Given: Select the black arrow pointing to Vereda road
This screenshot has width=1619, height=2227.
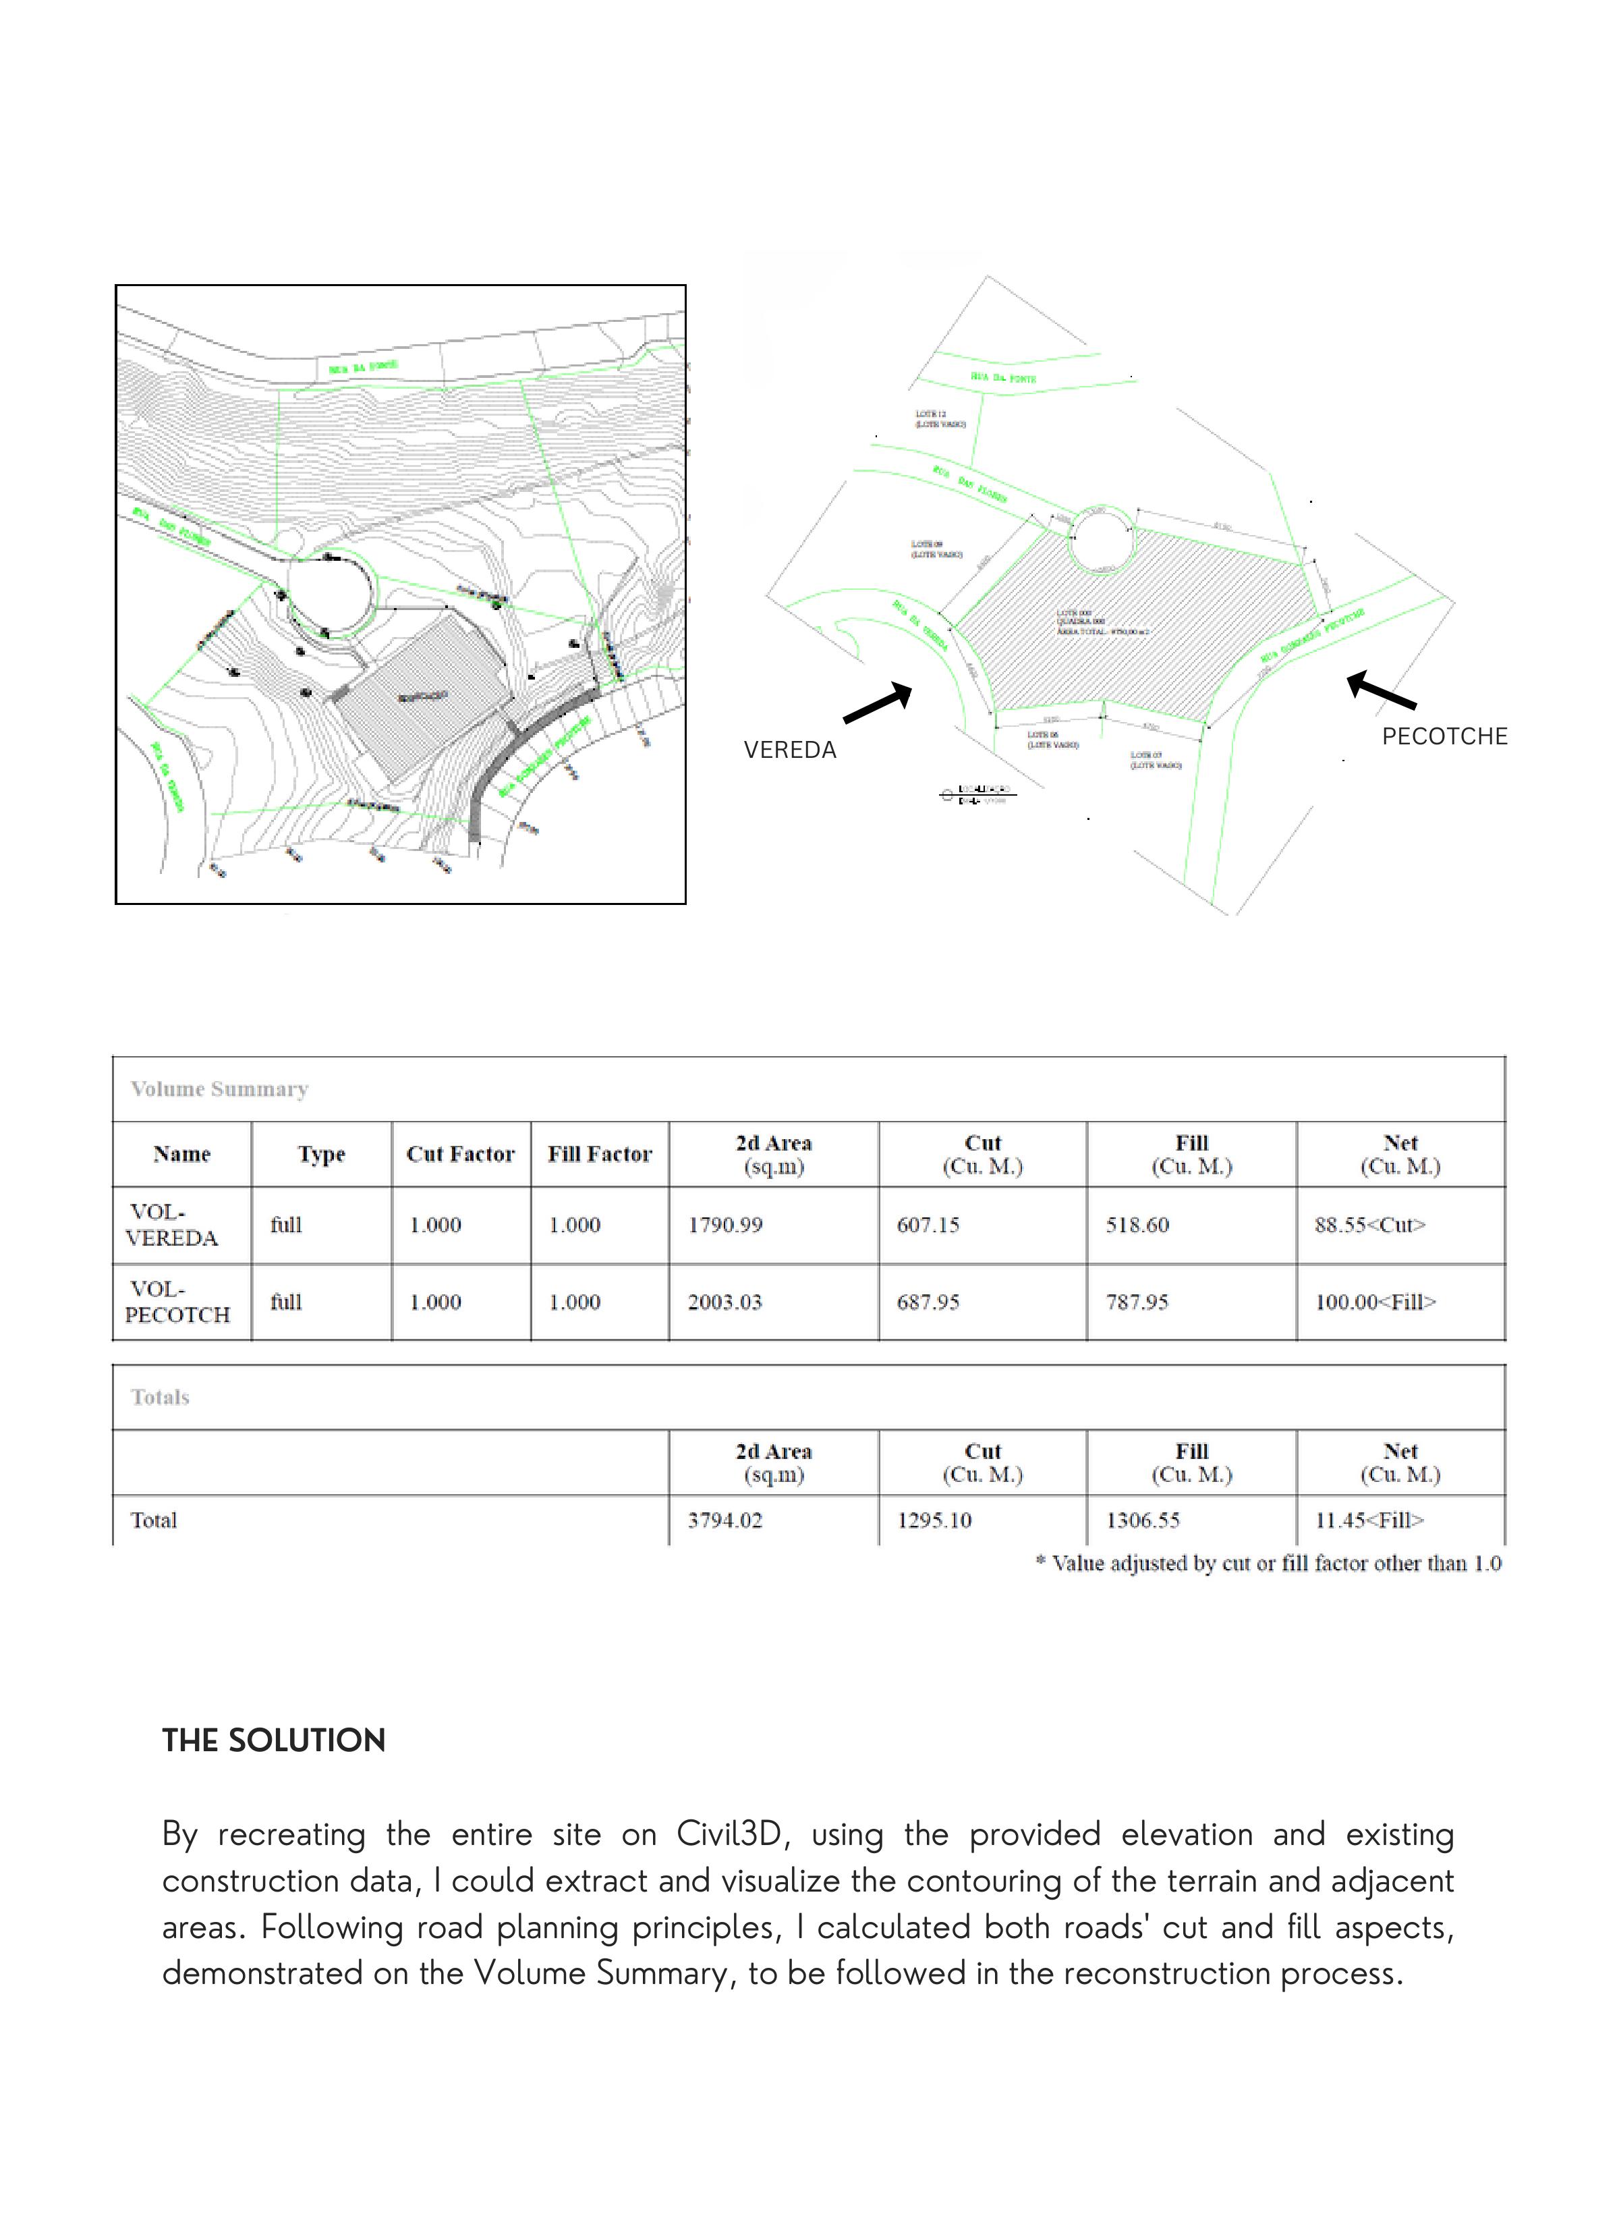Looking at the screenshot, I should pyautogui.click(x=877, y=703).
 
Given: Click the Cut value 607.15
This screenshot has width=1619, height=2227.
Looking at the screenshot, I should pyautogui.click(x=928, y=1224).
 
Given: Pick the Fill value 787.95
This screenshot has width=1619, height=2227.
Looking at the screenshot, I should pyautogui.click(x=1137, y=1302).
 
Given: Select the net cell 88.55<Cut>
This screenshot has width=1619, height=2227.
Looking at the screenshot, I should pyautogui.click(x=1369, y=1224).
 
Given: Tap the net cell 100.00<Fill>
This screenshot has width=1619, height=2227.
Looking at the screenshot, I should pyautogui.click(x=1375, y=1302).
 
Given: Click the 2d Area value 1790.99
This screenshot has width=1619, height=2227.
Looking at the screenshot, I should pyautogui.click(x=725, y=1224).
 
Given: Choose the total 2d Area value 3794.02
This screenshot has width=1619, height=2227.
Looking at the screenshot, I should pyautogui.click(x=725, y=1520).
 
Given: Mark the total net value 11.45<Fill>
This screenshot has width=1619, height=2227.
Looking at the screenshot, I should pyautogui.click(x=1369, y=1520).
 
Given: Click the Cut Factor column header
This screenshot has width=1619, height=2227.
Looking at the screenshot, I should pyautogui.click(x=461, y=1154).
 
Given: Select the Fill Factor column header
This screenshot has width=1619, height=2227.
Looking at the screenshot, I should pyautogui.click(x=600, y=1154).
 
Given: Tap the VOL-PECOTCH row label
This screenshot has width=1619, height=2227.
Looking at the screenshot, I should pyautogui.click(x=177, y=1302).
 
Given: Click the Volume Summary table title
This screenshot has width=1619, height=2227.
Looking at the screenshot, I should pyautogui.click(x=219, y=1089).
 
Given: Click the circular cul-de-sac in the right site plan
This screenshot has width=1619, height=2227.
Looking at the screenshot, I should pyautogui.click(x=1102, y=539).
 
